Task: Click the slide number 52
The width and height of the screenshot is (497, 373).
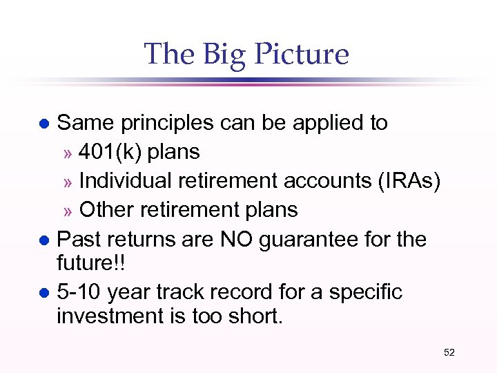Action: point(449,353)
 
